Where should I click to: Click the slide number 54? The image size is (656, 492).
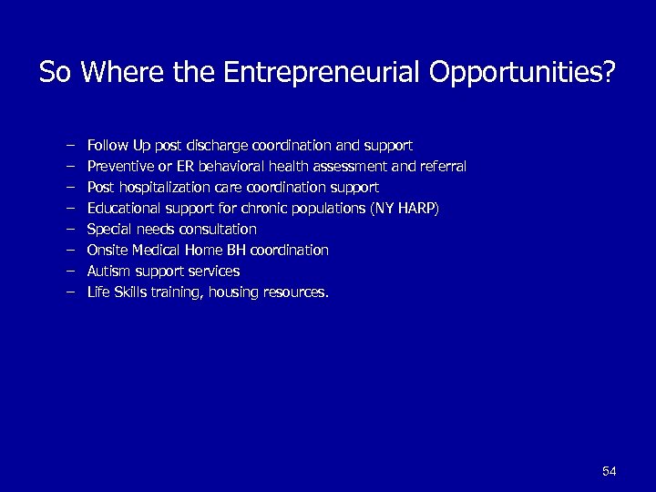tap(610, 471)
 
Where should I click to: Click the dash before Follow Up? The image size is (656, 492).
tap(69, 145)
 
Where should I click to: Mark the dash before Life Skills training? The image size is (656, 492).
tap(69, 292)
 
